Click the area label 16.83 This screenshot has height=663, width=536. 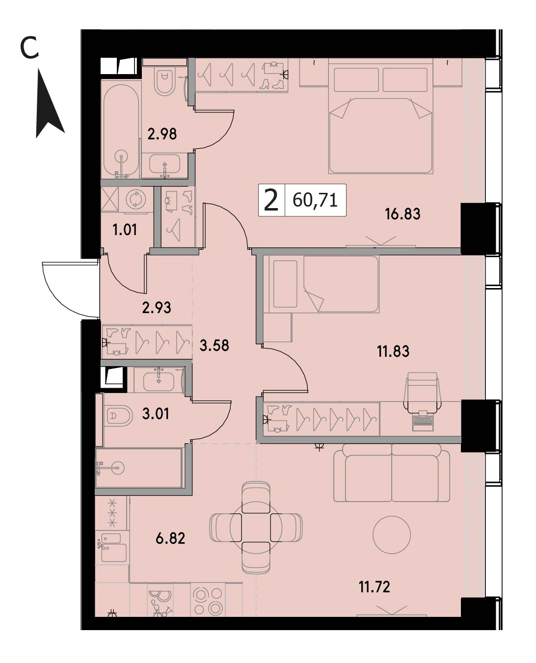(402, 214)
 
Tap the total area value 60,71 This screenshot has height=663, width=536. (315, 200)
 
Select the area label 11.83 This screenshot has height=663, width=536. (393, 351)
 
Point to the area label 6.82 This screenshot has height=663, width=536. (170, 538)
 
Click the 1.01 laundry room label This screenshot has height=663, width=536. (125, 230)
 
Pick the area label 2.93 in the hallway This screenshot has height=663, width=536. (157, 308)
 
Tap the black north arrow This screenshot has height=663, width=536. (49, 103)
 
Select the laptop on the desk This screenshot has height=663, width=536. (423, 420)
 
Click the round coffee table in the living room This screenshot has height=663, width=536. (392, 535)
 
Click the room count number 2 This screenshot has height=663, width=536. (270, 200)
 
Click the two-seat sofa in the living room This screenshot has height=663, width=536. (392, 473)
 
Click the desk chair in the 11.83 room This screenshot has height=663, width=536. (423, 392)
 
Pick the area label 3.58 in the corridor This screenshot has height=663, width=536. (214, 345)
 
